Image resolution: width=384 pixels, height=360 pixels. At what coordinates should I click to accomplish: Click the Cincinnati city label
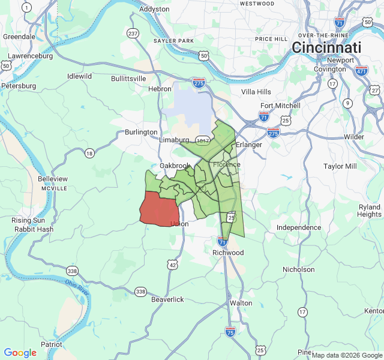coord(327,47)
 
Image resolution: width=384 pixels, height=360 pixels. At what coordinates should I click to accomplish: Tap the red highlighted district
coord(158,209)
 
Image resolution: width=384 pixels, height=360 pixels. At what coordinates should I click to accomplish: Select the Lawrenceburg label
coord(30,56)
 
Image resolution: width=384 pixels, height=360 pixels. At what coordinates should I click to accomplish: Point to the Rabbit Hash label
coord(35,229)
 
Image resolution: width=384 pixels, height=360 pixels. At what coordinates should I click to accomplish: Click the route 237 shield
coord(133,34)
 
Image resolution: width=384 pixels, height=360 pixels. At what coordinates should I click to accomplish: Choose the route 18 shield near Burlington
coord(89,154)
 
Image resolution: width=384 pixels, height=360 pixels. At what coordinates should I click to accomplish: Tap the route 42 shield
coord(173,265)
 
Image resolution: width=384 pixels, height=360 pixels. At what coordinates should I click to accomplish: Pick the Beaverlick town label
coord(167,299)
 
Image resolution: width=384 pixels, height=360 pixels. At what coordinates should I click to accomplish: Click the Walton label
coord(241,303)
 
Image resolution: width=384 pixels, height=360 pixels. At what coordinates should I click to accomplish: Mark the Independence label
coord(299,227)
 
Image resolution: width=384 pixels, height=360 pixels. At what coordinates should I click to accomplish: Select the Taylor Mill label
coord(340,166)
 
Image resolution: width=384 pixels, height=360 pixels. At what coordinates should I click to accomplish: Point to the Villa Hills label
coord(256,92)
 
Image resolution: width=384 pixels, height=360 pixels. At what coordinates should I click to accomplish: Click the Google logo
coord(20,353)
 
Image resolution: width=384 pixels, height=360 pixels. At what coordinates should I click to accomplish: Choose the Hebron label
coord(160,89)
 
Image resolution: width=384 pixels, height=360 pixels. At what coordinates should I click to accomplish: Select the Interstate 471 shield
coord(361,71)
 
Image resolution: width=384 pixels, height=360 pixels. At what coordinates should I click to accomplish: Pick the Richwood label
coord(228,253)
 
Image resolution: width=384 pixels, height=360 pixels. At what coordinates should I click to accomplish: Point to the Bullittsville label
coord(128,79)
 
